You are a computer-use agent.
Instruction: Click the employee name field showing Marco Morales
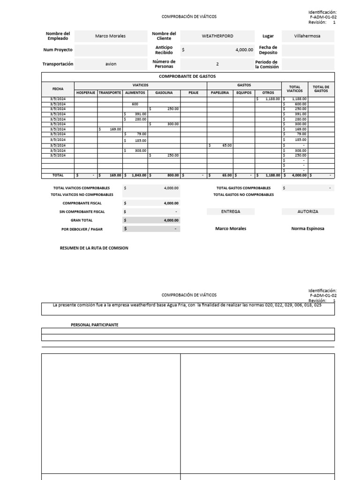tap(110, 36)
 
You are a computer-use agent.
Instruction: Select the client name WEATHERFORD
tap(217, 36)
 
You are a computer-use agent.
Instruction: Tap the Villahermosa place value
tap(307, 36)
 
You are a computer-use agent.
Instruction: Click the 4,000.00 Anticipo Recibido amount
tap(244, 50)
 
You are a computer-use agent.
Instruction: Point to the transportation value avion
tap(111, 64)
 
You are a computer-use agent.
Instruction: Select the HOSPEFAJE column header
tap(86, 93)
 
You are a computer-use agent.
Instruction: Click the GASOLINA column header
tap(164, 93)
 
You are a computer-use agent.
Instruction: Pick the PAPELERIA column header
tap(220, 93)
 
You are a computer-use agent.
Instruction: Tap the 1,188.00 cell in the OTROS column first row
tap(271, 99)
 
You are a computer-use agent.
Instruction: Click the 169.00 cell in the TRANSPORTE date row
tap(113, 129)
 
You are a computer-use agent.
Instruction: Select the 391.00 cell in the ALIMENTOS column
tap(138, 114)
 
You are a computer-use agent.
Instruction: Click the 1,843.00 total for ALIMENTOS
tap(138, 175)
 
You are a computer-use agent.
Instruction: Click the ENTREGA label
tap(230, 211)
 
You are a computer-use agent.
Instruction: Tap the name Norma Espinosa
tap(307, 229)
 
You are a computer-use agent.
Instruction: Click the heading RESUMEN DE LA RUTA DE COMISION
tap(94, 248)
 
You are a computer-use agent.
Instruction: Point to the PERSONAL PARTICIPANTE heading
tap(94, 324)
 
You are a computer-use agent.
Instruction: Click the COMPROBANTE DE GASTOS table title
tap(187, 76)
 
